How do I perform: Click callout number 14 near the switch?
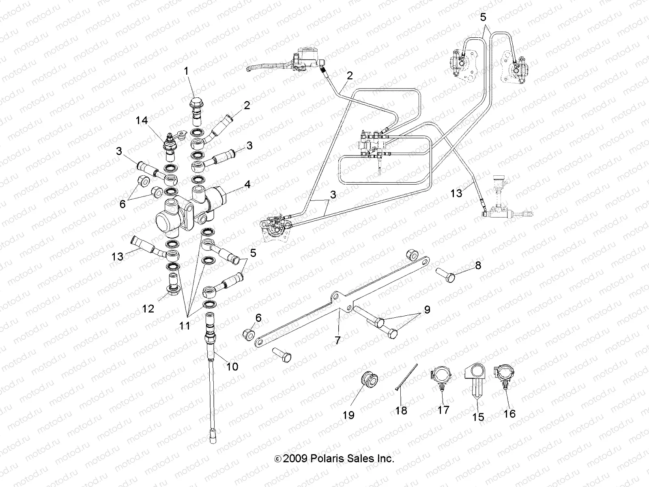[x=142, y=121]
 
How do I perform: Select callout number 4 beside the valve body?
[x=247, y=185]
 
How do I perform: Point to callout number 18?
[x=401, y=410]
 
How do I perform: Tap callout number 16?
[x=509, y=413]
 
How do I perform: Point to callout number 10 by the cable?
[x=232, y=366]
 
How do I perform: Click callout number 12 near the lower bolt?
[x=148, y=308]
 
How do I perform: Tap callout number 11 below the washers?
[x=185, y=326]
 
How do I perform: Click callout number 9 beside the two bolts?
[x=427, y=310]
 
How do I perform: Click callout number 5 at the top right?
[x=483, y=17]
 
